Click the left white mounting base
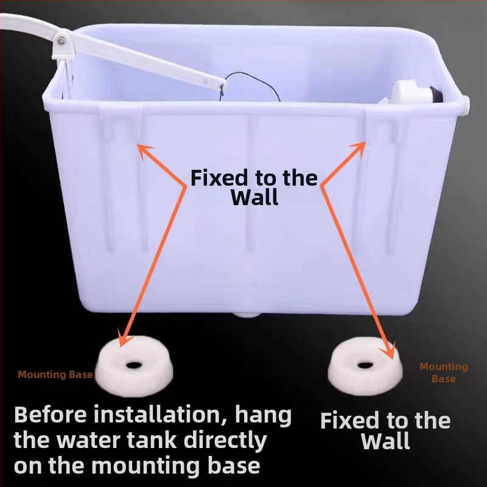134,366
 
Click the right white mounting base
365,366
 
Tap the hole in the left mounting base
134,365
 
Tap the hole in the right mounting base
365,365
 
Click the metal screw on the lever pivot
61,41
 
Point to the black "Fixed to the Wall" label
254,187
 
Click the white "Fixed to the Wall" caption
385,431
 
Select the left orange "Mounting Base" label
55,374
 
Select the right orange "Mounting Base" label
444,373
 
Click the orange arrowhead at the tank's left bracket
145,151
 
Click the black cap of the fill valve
436,94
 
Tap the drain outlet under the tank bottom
247,315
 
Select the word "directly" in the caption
225,441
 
